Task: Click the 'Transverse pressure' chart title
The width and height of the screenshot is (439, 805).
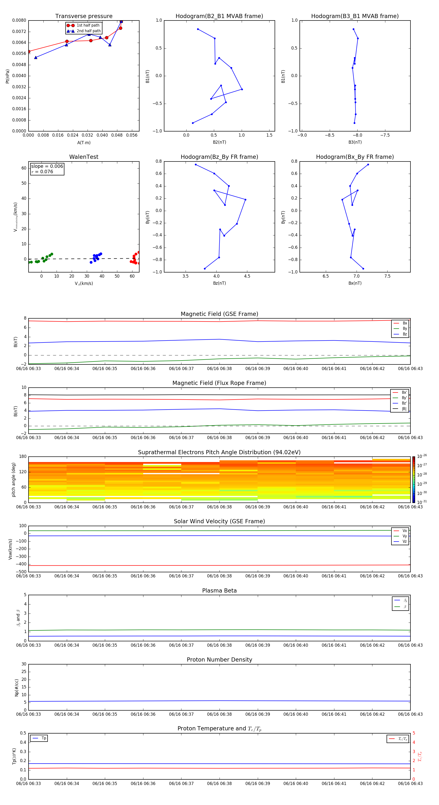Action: [84, 16]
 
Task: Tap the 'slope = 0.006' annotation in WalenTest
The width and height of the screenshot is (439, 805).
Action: [47, 166]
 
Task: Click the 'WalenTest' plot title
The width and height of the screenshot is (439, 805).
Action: [84, 157]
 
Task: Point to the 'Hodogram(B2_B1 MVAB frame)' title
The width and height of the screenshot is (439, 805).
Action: [219, 16]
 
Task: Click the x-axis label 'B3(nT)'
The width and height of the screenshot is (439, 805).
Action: [355, 142]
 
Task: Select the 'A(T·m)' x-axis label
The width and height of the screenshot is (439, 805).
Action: [84, 142]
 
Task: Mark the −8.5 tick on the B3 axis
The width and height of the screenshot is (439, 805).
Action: [330, 135]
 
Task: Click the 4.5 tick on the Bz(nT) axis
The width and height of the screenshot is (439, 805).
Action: [247, 276]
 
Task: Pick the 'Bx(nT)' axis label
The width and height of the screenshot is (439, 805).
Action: [355, 283]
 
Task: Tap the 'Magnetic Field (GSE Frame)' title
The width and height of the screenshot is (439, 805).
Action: [219, 314]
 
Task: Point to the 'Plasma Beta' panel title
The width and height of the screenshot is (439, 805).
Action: [219, 591]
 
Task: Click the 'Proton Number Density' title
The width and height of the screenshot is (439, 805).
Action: [219, 660]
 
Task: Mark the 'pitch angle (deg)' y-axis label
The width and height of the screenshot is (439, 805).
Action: [13, 479]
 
